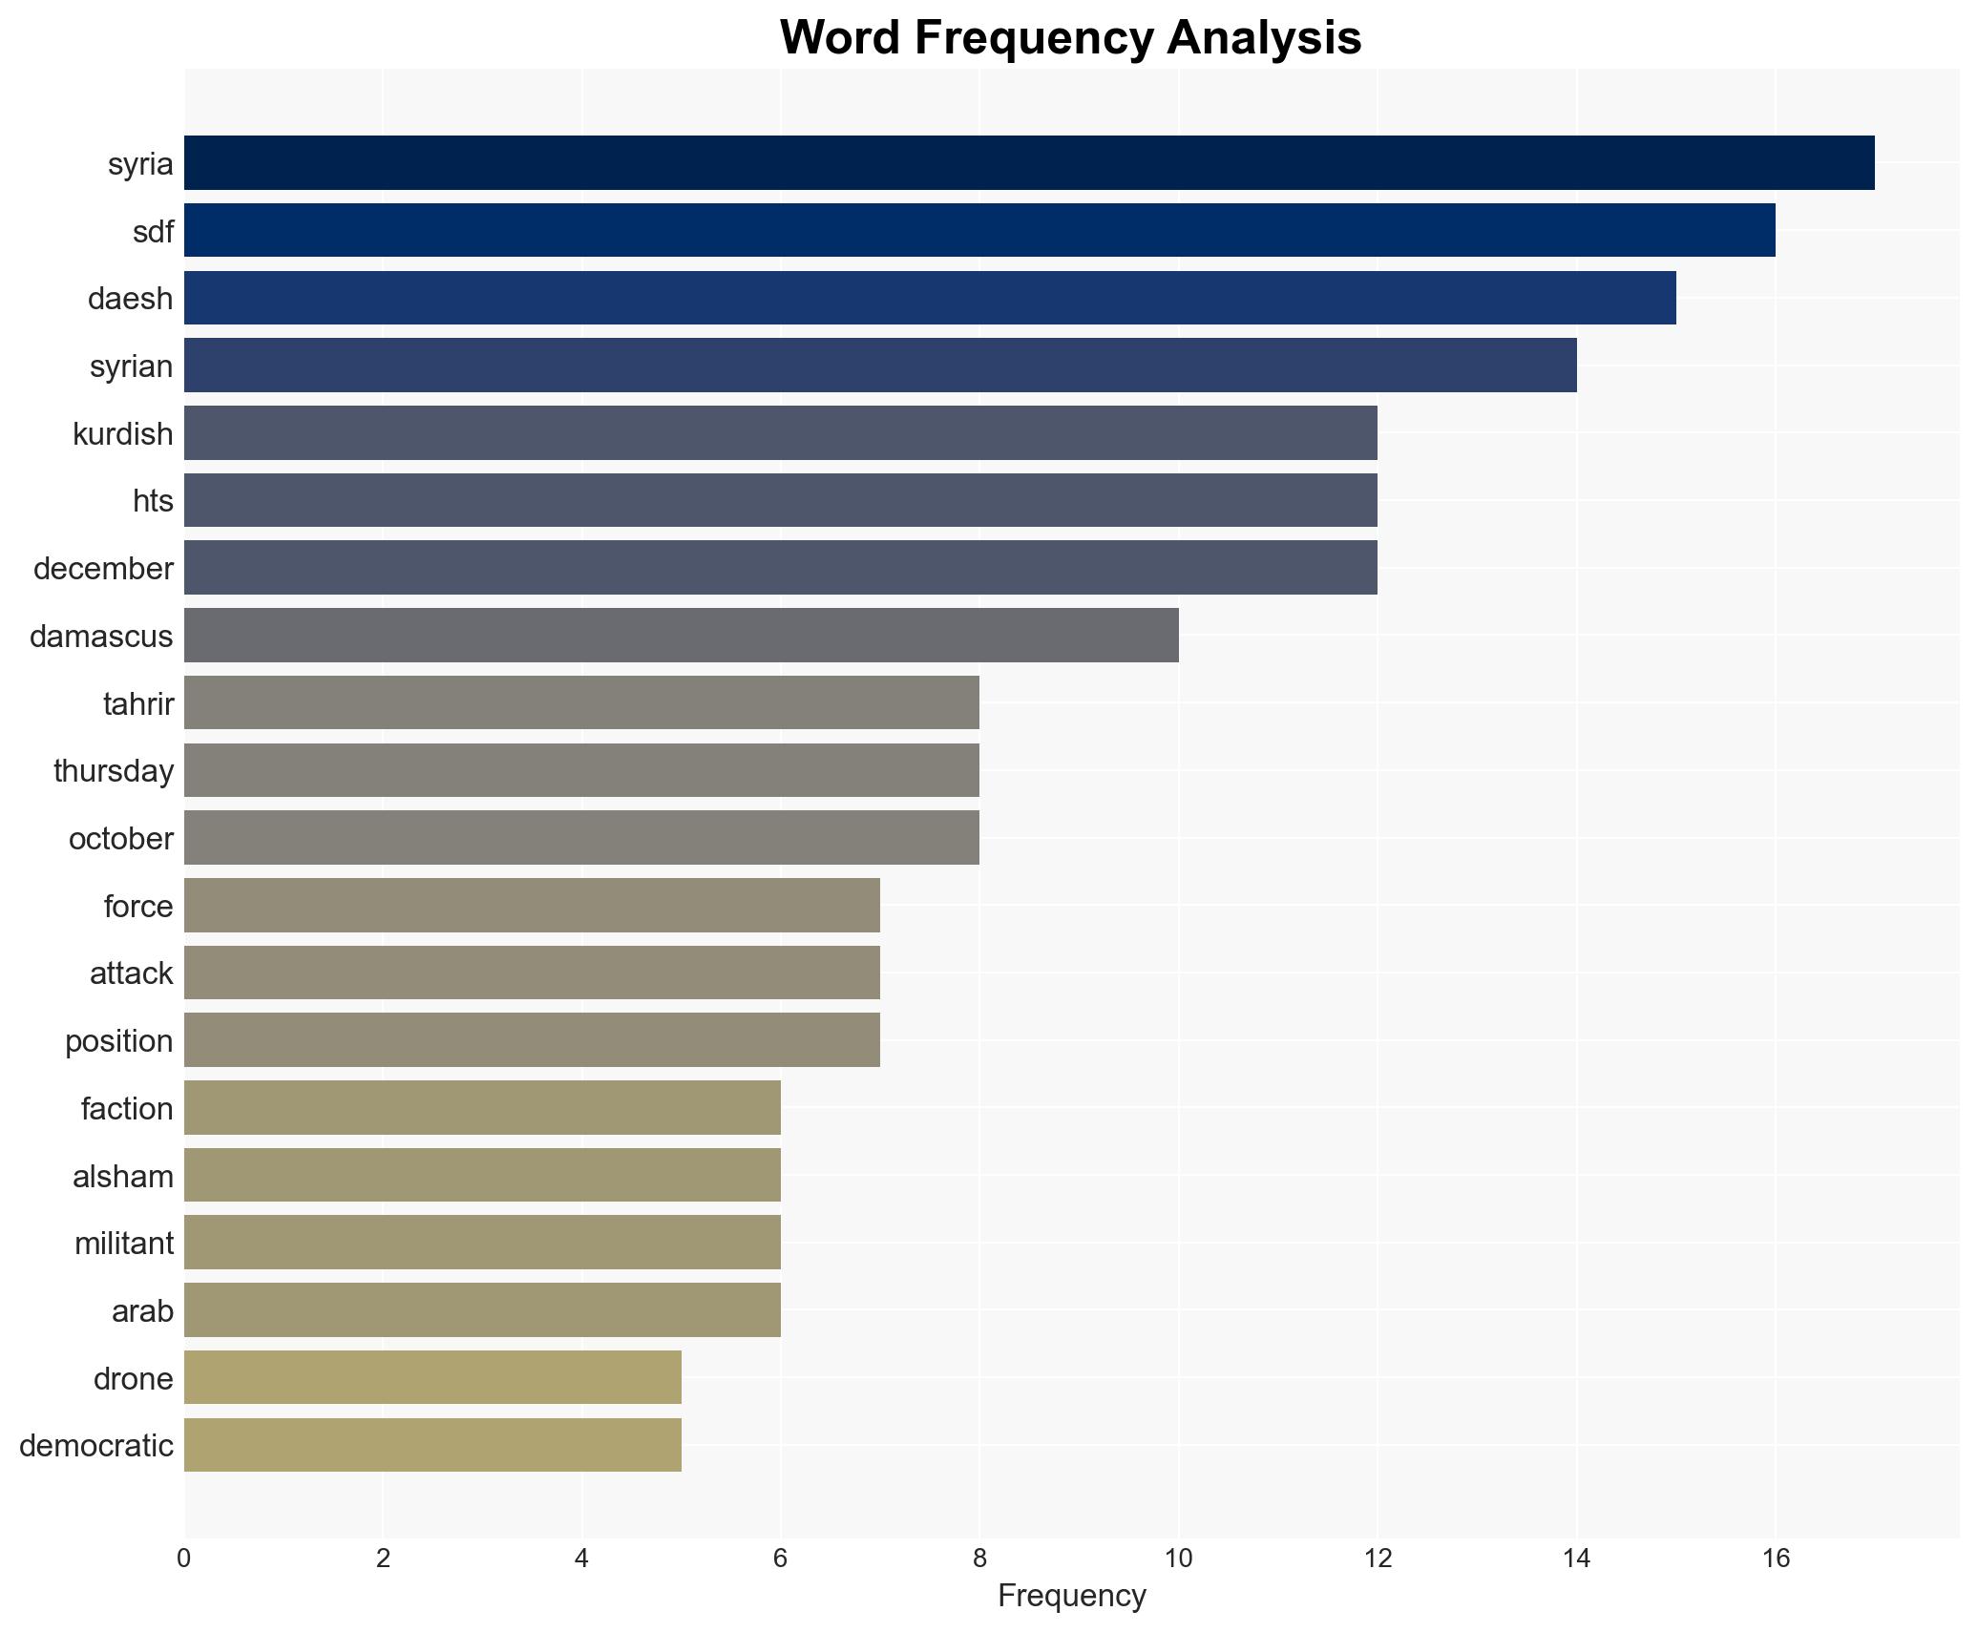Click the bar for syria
tap(1029, 162)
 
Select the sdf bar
tap(979, 230)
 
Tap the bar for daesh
tap(930, 298)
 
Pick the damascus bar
tap(682, 635)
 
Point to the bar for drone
tap(432, 1377)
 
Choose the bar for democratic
tap(432, 1445)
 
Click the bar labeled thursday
tap(581, 770)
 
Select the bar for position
tap(532, 1040)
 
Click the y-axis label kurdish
tap(123, 434)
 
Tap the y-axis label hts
tap(153, 501)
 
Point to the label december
tap(103, 569)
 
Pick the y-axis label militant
tap(124, 1244)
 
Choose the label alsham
tap(123, 1177)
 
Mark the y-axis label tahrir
tap(138, 704)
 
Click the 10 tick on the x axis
tap(1178, 1559)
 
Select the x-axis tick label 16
tap(1775, 1559)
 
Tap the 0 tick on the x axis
tap(184, 1559)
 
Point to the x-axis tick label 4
tap(581, 1559)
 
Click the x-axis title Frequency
tap(1071, 1596)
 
